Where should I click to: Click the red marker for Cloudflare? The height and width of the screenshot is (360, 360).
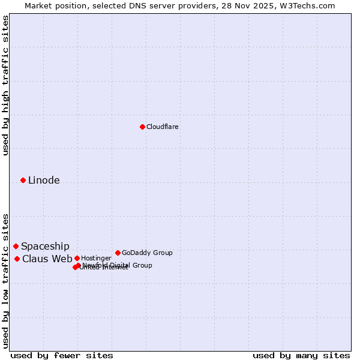click(x=142, y=127)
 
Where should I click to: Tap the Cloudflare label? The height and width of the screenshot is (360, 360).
click(x=162, y=127)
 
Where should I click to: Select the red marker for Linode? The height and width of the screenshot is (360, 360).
click(x=23, y=180)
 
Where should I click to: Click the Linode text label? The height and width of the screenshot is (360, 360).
click(x=44, y=180)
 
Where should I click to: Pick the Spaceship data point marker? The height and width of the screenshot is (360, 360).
click(x=16, y=246)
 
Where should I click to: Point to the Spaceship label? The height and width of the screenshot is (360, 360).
click(x=45, y=246)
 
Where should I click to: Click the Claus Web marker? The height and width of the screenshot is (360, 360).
click(x=17, y=259)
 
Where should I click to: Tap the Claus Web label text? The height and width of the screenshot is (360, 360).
click(x=47, y=259)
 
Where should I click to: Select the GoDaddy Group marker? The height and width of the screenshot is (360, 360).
click(x=118, y=253)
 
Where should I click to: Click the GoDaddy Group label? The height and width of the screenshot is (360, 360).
click(x=147, y=253)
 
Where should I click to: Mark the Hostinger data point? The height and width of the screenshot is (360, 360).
click(x=77, y=258)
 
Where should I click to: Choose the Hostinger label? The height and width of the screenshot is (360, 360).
click(x=96, y=258)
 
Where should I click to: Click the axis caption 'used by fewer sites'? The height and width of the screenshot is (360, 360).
click(x=62, y=355)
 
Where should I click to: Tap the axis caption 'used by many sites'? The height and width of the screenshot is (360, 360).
click(x=301, y=355)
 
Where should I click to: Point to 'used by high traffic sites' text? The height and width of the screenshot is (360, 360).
click(x=6, y=85)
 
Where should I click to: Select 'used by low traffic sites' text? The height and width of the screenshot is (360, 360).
click(x=6, y=281)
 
